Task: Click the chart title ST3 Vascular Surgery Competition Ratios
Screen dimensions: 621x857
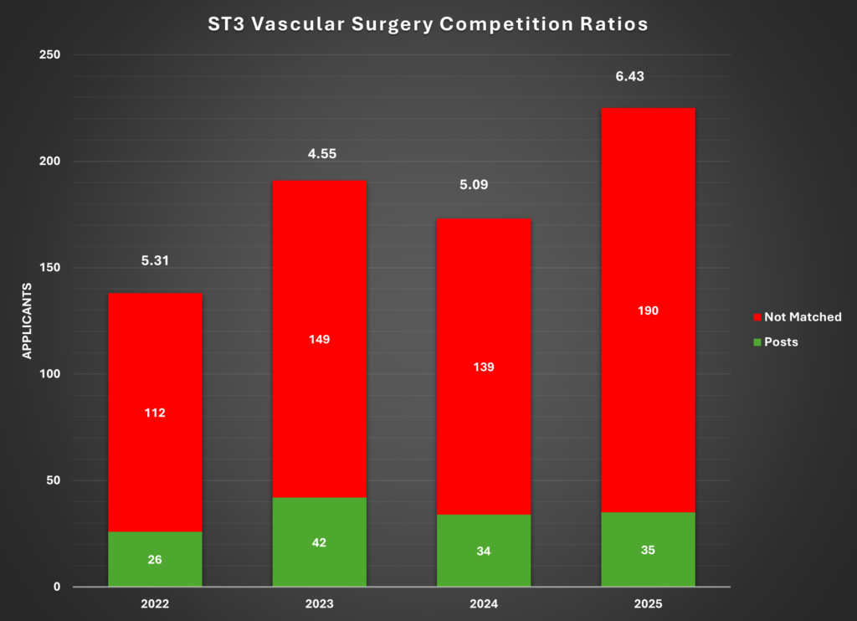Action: pyautogui.click(x=428, y=24)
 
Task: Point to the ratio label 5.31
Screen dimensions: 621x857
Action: pyautogui.click(x=155, y=260)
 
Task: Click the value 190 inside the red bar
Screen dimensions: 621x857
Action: pyautogui.click(x=648, y=310)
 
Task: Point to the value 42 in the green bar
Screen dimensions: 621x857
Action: pyautogui.click(x=319, y=542)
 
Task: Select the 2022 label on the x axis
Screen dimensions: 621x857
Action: pyautogui.click(x=155, y=602)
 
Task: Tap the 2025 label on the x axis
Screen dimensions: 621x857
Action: pyautogui.click(x=648, y=602)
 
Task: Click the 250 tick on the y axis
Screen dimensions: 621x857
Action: pyautogui.click(x=52, y=55)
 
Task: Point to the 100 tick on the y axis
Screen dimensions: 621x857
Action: pyautogui.click(x=52, y=374)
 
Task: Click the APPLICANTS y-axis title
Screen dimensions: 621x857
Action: pyautogui.click(x=27, y=321)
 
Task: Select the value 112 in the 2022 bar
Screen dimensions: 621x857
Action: pyautogui.click(x=155, y=413)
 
